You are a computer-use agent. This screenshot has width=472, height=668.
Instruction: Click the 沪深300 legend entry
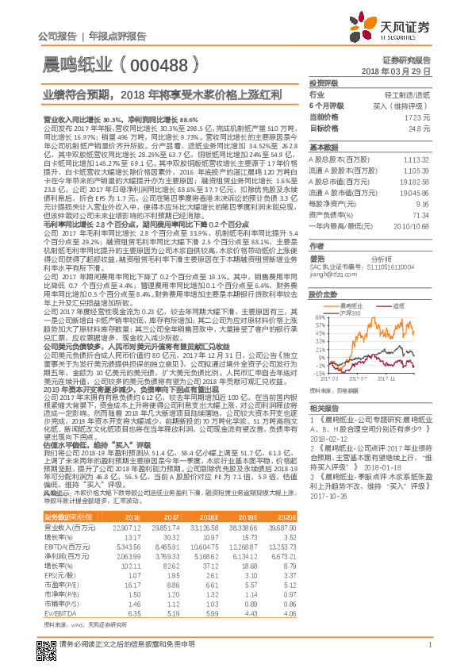click(355, 314)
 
